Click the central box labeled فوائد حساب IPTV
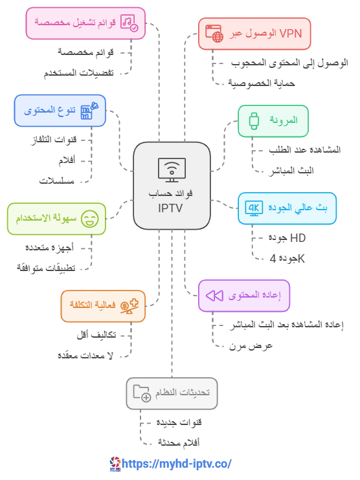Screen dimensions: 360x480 (172, 186)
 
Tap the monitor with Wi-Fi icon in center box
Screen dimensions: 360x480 (172, 170)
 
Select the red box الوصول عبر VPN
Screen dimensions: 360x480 (254, 34)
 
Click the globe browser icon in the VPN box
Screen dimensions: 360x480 (214, 34)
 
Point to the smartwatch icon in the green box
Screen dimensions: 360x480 (254, 121)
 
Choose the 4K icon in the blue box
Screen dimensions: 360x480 (254, 208)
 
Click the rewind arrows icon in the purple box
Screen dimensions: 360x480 (214, 296)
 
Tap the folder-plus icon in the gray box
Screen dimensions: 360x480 (142, 393)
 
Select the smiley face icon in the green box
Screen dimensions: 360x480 (90, 219)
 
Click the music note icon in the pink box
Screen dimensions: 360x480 (129, 23)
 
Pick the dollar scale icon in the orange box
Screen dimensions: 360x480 (129, 306)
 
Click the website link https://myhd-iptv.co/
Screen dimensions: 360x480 (177, 463)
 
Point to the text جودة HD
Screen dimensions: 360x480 (287, 238)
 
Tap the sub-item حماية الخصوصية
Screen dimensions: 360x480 (262, 83)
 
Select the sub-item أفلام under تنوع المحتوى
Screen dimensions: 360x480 (67, 160)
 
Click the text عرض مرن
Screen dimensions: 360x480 (251, 346)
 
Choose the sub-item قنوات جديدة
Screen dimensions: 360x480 (179, 422)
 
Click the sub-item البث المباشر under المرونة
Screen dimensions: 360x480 (291, 171)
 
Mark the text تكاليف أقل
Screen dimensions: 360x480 (96, 334)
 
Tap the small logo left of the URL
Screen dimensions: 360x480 (115, 464)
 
